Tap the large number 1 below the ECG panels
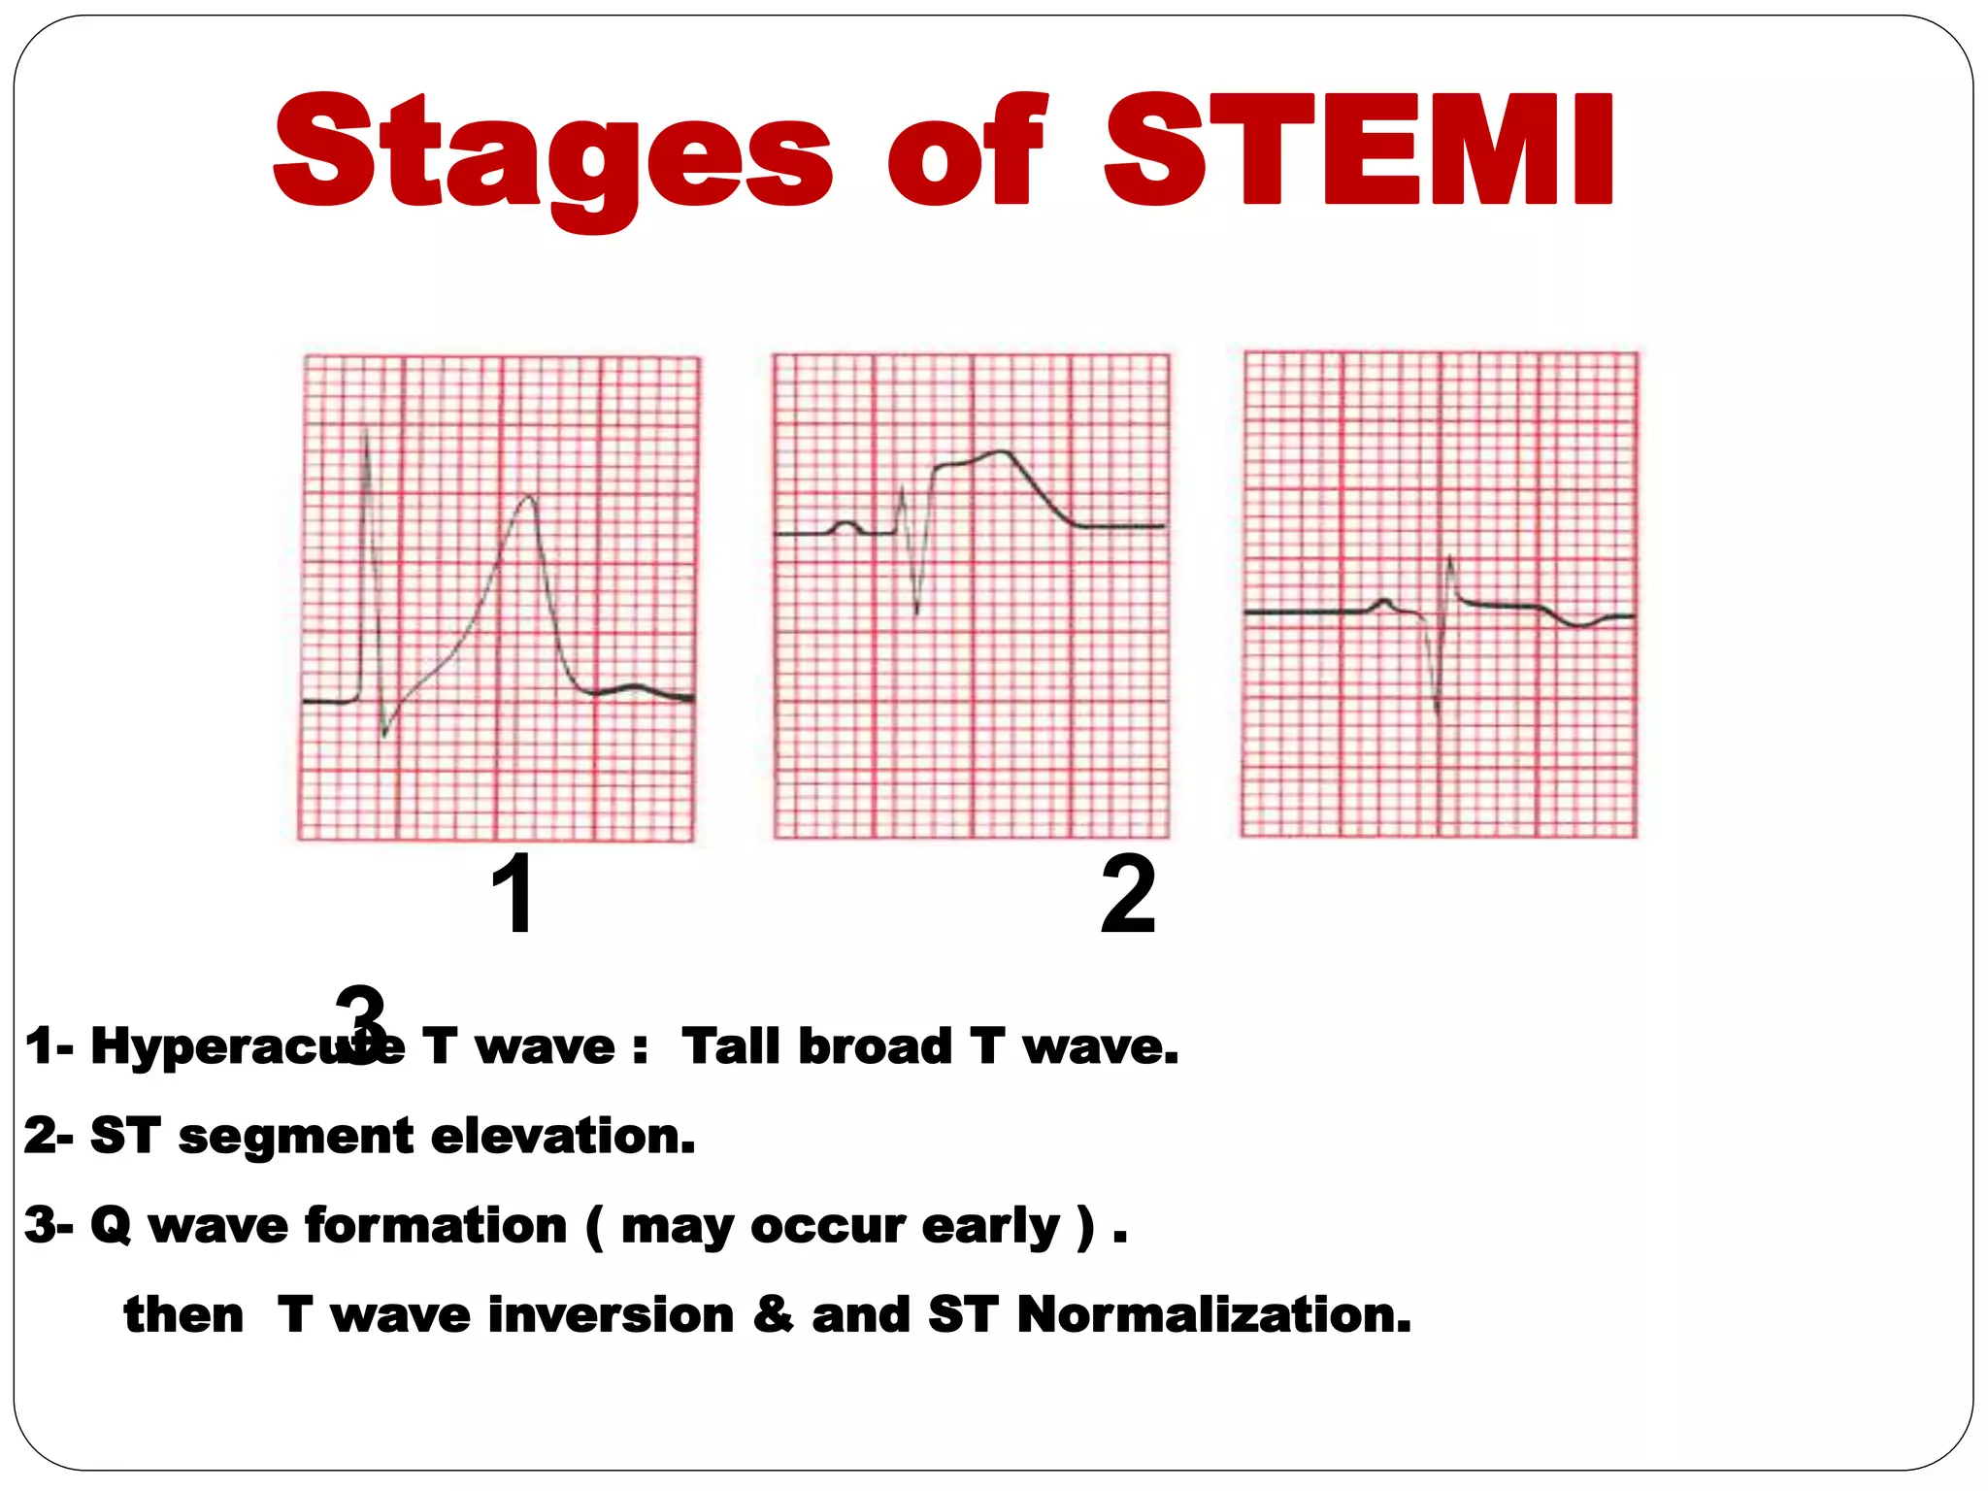[x=513, y=894]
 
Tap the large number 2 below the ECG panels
[x=1128, y=894]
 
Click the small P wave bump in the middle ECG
[x=846, y=524]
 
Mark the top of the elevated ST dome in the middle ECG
[x=1000, y=452]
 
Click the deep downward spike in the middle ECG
[x=917, y=610]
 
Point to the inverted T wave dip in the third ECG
[x=1580, y=624]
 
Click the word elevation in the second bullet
[x=563, y=1136]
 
